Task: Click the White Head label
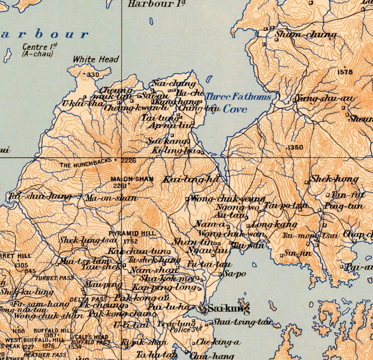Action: click(x=96, y=60)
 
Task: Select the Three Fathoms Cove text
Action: click(x=238, y=102)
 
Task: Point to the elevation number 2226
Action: click(x=128, y=161)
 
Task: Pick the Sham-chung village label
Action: click(x=305, y=34)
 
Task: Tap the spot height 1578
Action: click(x=345, y=72)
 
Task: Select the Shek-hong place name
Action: click(x=334, y=179)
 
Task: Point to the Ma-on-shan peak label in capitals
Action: click(x=126, y=179)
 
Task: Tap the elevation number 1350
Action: click(x=295, y=147)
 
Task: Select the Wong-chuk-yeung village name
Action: click(x=228, y=199)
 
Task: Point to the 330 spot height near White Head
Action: click(x=93, y=75)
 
